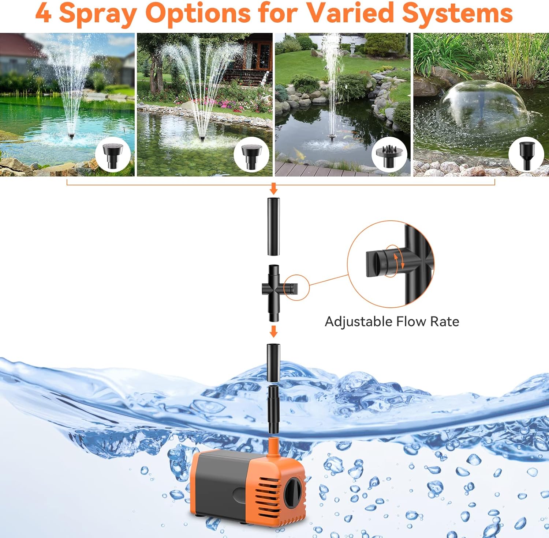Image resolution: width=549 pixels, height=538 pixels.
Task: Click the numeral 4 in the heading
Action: [43, 13]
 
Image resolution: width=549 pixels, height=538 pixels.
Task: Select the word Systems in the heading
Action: [457, 13]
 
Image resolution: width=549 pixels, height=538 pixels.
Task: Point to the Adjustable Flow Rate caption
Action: [392, 322]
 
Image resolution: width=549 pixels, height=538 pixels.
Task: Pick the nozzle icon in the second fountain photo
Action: [251, 155]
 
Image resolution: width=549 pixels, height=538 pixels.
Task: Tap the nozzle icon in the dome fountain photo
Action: [526, 155]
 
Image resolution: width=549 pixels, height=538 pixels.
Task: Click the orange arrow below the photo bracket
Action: [273, 189]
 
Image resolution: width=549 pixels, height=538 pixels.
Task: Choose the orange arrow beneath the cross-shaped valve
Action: [273, 331]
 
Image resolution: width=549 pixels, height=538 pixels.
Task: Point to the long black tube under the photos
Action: [273, 227]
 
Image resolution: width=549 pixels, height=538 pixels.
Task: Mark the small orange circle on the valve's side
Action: [296, 288]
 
